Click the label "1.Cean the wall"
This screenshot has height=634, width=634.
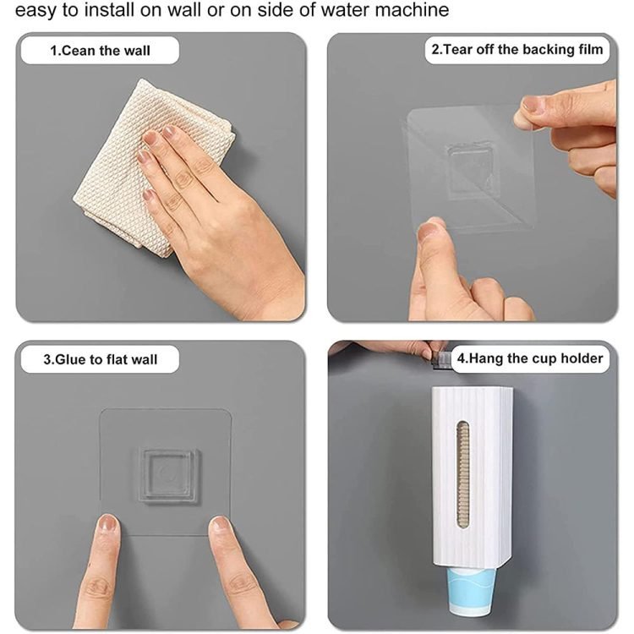point(100,51)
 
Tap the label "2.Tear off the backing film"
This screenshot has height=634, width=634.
point(517,49)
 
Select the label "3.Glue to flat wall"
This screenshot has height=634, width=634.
point(100,359)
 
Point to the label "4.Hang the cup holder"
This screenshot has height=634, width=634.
point(530,358)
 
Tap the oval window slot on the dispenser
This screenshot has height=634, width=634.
point(463,475)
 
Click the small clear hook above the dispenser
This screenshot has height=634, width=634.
point(438,360)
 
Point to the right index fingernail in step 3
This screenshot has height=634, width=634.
point(220,524)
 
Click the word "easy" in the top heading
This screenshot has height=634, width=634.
point(36,11)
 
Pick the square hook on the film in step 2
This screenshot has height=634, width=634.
point(470,170)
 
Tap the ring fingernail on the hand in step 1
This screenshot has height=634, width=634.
point(145,156)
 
